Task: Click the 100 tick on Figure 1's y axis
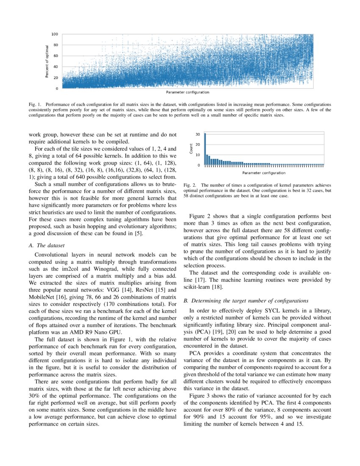pos(55,34)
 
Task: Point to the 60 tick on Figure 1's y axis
pos(56,56)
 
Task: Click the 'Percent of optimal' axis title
pos(47,61)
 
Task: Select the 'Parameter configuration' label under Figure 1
pos(188,92)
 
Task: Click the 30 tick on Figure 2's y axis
pos(198,134)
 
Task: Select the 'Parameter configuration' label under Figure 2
pos(264,173)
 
